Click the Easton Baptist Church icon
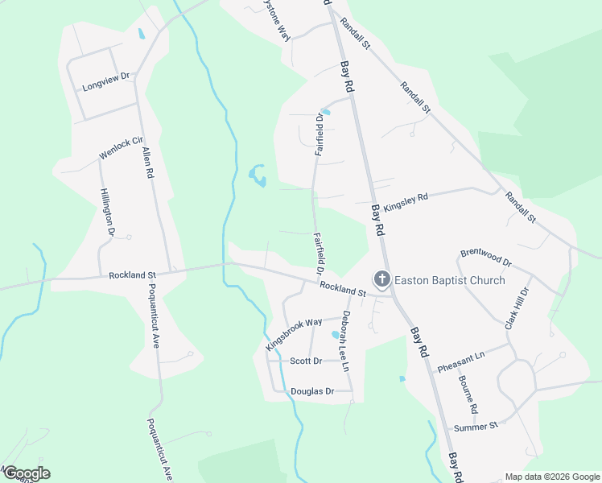[x=381, y=280]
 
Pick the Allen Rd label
[x=149, y=162]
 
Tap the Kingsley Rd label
[x=406, y=200]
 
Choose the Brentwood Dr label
[x=486, y=257]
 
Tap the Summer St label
[x=476, y=426]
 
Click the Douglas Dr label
[x=312, y=391]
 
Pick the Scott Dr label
[x=306, y=361]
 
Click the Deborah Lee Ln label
[x=345, y=341]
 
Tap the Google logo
[x=27, y=473]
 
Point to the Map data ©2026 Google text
[x=551, y=477]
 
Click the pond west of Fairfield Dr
[x=258, y=175]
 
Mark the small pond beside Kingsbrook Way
[x=336, y=334]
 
